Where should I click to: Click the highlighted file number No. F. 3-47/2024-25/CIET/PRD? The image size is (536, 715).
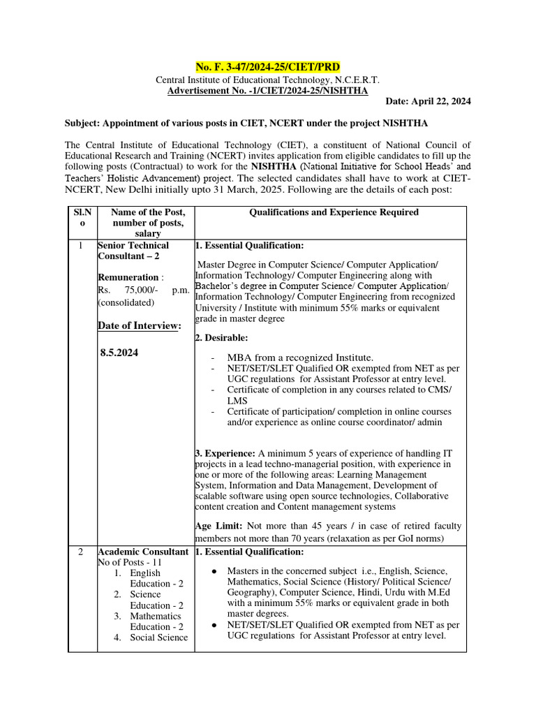[x=268, y=67]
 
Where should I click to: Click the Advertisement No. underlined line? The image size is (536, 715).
[x=268, y=90]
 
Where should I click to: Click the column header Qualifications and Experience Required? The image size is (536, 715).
[x=334, y=212]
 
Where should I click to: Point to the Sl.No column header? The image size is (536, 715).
[x=82, y=217]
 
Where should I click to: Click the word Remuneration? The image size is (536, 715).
[x=128, y=277]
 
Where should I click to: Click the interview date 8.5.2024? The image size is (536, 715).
[x=119, y=353]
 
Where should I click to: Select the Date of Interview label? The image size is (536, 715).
[x=140, y=325]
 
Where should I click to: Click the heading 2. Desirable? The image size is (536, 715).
[x=221, y=337]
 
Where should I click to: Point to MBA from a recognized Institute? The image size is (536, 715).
[x=300, y=357]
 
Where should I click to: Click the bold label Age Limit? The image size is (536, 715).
[x=219, y=525]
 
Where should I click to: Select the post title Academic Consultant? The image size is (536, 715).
[x=142, y=552]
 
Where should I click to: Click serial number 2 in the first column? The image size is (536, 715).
[x=81, y=552]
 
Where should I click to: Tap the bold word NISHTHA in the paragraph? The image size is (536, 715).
[x=276, y=167]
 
